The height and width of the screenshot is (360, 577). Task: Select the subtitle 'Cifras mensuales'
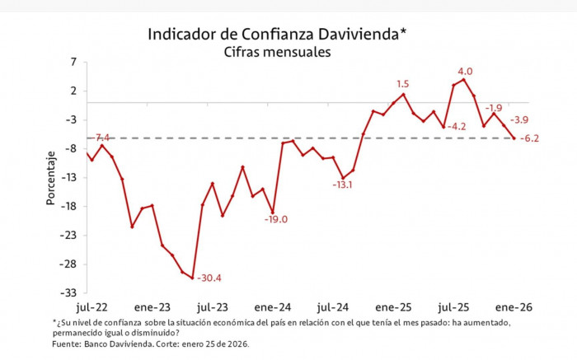tap(277, 52)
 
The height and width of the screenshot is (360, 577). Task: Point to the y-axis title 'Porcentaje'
tap(51, 178)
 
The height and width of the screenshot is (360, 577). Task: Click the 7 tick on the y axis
tap(73, 62)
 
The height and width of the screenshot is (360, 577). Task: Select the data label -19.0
tap(275, 219)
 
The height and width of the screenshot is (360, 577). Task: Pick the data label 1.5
tap(403, 84)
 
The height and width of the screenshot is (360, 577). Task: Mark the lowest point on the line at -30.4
tap(192, 278)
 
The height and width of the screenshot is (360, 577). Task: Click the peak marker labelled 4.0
tap(464, 79)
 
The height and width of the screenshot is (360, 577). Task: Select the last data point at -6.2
tap(514, 138)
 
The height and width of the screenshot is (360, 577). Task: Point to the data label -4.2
tap(456, 127)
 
